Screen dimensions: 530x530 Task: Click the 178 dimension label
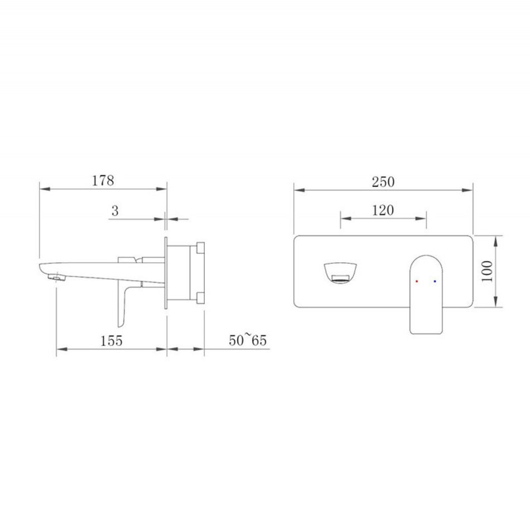103,181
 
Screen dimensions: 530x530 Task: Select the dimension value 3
115,211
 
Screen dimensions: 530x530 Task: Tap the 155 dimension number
111,341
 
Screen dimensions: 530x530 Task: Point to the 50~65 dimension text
248,339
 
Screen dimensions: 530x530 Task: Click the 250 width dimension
383,182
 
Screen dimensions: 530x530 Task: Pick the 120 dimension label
383,210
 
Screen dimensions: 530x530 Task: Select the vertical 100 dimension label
487,271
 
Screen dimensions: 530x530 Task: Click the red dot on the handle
416,281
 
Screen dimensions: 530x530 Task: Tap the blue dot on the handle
435,281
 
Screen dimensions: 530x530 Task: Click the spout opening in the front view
341,272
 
